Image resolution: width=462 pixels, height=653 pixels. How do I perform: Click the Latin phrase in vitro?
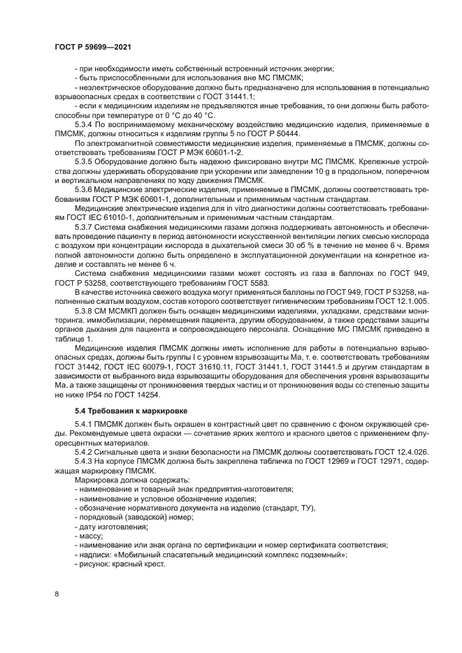coord(219,207)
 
